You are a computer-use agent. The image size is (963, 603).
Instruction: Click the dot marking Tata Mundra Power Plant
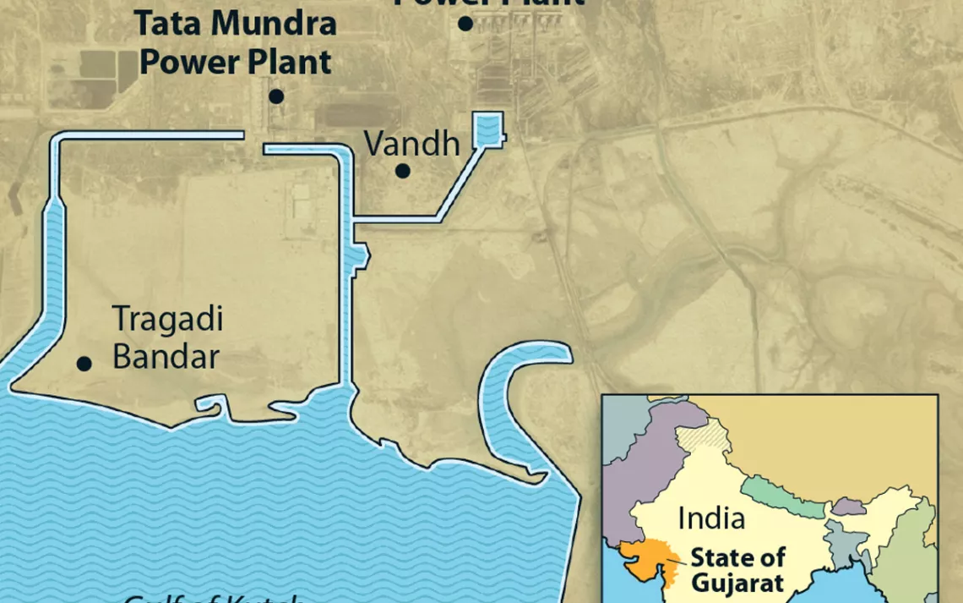[x=276, y=96]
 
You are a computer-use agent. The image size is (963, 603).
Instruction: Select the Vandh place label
[x=411, y=143]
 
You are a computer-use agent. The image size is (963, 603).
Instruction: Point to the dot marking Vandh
[x=403, y=171]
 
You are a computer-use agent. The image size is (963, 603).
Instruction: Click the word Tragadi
[x=167, y=320]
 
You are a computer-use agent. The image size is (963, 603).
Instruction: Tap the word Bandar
[x=166, y=356]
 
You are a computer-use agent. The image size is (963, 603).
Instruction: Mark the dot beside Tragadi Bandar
[x=84, y=364]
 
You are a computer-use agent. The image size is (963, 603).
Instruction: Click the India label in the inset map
[x=711, y=518]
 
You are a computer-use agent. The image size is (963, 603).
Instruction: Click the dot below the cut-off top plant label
[x=465, y=24]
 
